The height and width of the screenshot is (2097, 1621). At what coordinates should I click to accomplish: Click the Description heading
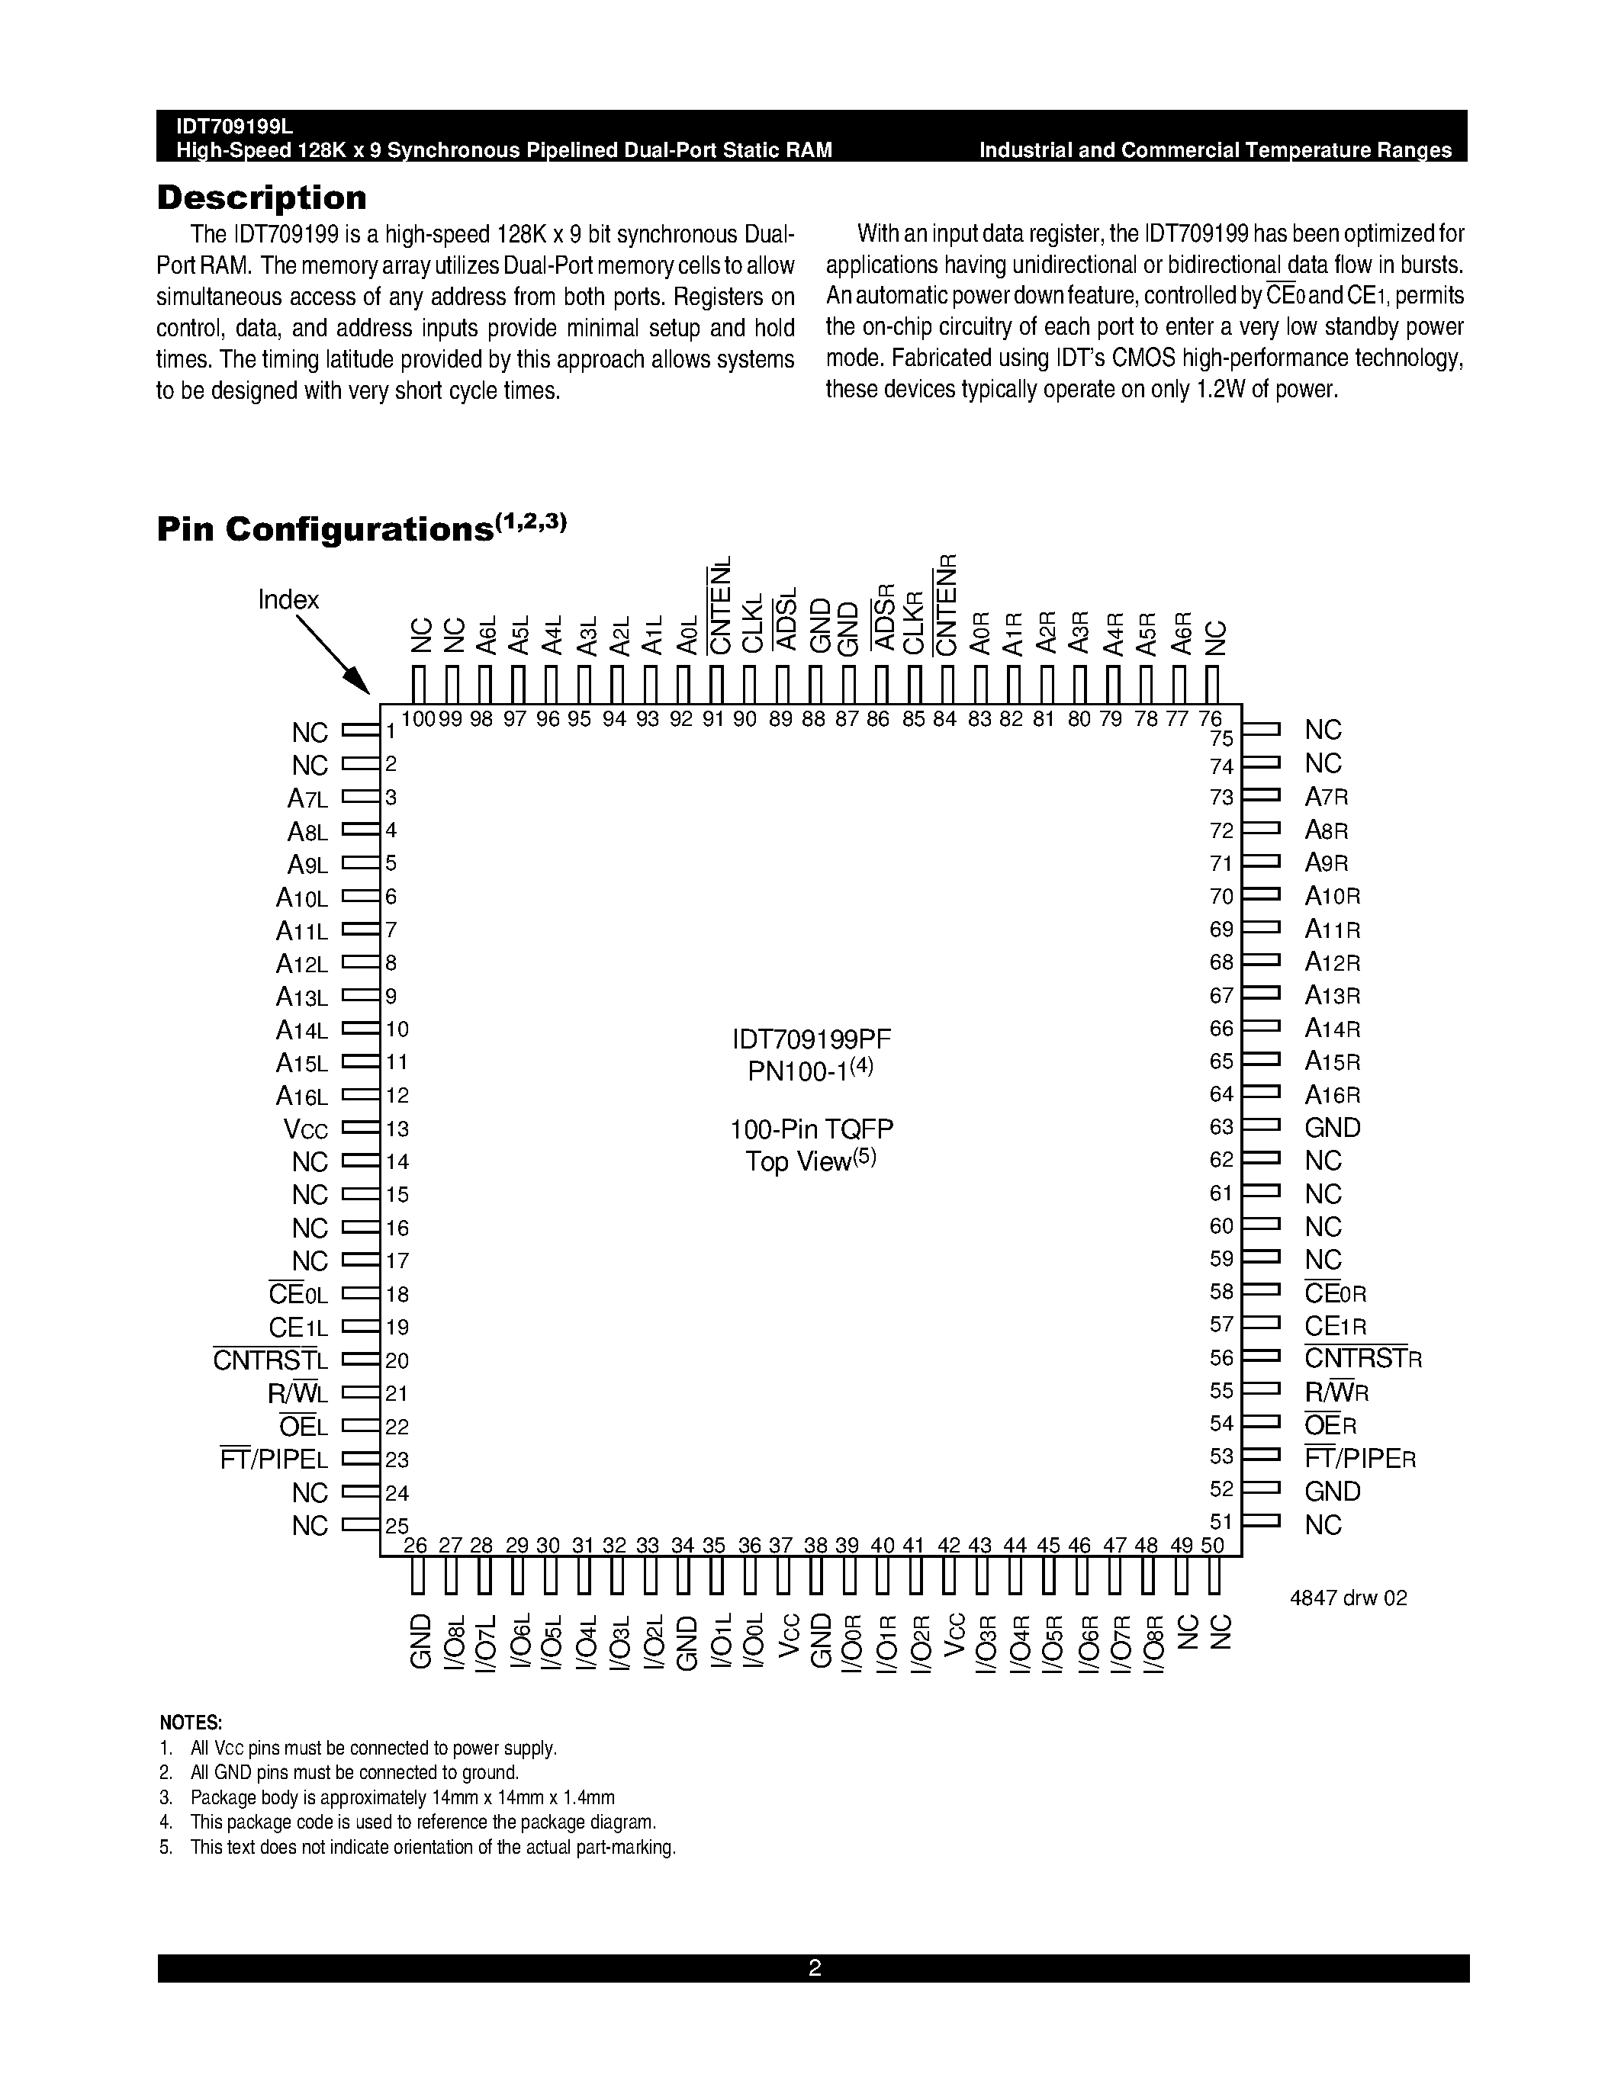click(261, 197)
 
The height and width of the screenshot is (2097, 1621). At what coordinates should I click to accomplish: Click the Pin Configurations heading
click(325, 529)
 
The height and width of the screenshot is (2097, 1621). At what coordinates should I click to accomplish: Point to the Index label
click(288, 600)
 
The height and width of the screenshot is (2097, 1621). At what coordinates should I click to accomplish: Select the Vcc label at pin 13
click(305, 1129)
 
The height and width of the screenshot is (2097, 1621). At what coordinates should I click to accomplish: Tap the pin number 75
click(1221, 738)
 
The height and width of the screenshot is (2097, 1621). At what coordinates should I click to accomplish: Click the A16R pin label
click(1332, 1094)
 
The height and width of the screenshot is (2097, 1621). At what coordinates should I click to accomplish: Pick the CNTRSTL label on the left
click(270, 1360)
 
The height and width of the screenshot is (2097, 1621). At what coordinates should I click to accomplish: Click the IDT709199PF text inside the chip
click(812, 1039)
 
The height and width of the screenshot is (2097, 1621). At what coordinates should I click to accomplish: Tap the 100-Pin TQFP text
click(812, 1129)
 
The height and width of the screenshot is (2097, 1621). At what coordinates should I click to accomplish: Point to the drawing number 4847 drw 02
click(1348, 1598)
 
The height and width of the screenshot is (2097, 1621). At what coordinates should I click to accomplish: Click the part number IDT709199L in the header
click(234, 127)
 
